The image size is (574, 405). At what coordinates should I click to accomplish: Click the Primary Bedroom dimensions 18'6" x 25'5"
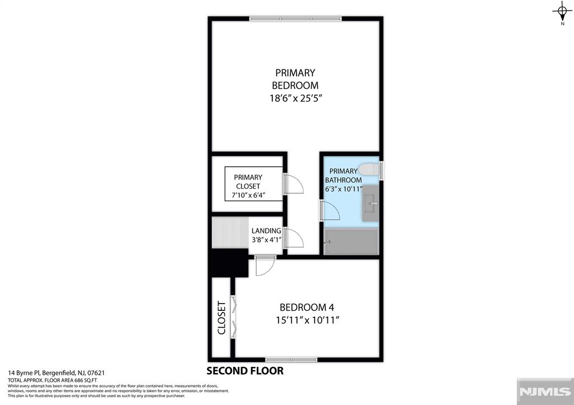296,98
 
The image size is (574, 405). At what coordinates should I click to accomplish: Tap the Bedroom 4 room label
307,308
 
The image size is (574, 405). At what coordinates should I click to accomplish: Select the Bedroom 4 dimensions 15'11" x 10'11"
308,320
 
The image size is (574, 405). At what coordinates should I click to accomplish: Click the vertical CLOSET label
221,318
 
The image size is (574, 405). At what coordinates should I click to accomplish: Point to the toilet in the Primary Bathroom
369,170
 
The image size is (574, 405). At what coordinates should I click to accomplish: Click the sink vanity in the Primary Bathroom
371,203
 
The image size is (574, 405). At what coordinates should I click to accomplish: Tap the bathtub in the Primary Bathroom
351,241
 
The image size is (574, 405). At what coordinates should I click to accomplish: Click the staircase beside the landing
230,232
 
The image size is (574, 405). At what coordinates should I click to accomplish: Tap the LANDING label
266,231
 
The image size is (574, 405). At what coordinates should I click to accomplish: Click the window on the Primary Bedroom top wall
295,18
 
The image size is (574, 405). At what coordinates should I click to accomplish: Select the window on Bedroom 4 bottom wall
291,360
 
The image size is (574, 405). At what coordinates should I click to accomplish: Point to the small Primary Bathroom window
381,170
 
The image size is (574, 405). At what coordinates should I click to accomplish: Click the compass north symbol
562,13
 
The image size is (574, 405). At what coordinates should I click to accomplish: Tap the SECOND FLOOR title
245,371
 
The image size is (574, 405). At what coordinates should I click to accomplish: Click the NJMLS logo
545,392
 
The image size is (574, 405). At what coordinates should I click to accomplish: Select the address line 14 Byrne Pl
57,373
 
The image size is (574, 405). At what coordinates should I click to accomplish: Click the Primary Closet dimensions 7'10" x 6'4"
248,195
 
